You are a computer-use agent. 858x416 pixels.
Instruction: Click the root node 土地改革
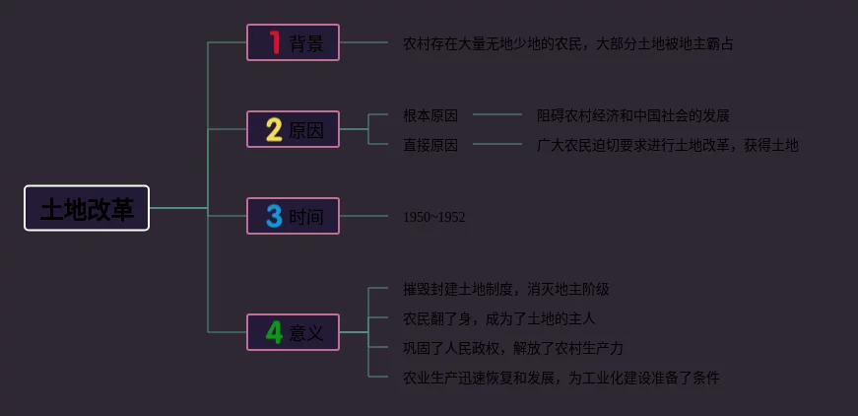[x=87, y=208]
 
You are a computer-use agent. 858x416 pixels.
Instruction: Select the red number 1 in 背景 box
[x=274, y=42]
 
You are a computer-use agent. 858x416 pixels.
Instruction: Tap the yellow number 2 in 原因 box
[x=274, y=129]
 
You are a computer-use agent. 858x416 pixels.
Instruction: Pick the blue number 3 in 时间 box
[x=274, y=216]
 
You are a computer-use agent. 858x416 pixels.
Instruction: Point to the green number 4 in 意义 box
[x=274, y=332]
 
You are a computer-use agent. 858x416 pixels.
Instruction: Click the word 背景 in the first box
[x=306, y=43]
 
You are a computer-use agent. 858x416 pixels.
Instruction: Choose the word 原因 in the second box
[x=306, y=130]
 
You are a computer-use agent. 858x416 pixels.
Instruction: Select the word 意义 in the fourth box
[x=306, y=333]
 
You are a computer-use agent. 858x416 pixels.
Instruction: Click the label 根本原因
[x=430, y=115]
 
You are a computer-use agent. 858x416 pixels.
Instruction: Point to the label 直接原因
[x=430, y=145]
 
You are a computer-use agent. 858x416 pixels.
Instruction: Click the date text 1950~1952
[x=433, y=217]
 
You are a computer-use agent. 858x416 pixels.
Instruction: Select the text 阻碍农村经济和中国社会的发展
[x=632, y=115]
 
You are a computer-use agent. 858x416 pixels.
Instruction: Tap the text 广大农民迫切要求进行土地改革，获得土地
[x=667, y=145]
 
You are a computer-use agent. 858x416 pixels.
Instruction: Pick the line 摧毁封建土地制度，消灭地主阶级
[x=505, y=289]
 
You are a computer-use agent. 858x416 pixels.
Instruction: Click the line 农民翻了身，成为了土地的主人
[x=498, y=318]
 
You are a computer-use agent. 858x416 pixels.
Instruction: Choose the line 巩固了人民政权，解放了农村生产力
[x=512, y=348]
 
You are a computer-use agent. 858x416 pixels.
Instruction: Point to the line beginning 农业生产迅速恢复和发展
[x=561, y=378]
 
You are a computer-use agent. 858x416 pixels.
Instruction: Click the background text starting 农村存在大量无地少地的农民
[x=567, y=43]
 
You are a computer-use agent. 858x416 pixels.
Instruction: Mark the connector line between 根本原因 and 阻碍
[x=497, y=114]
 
